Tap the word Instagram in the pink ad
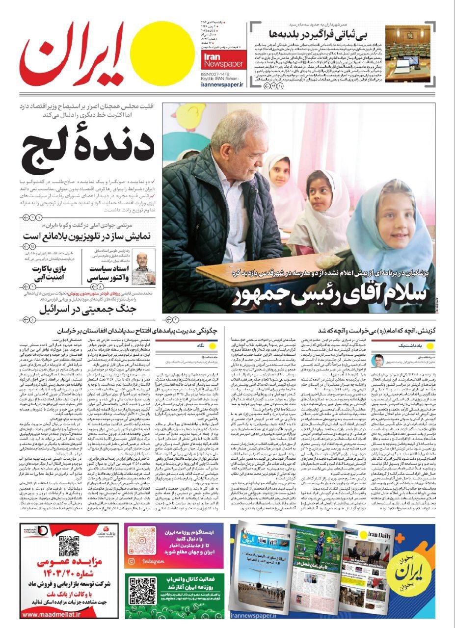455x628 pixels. tap(153, 561)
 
